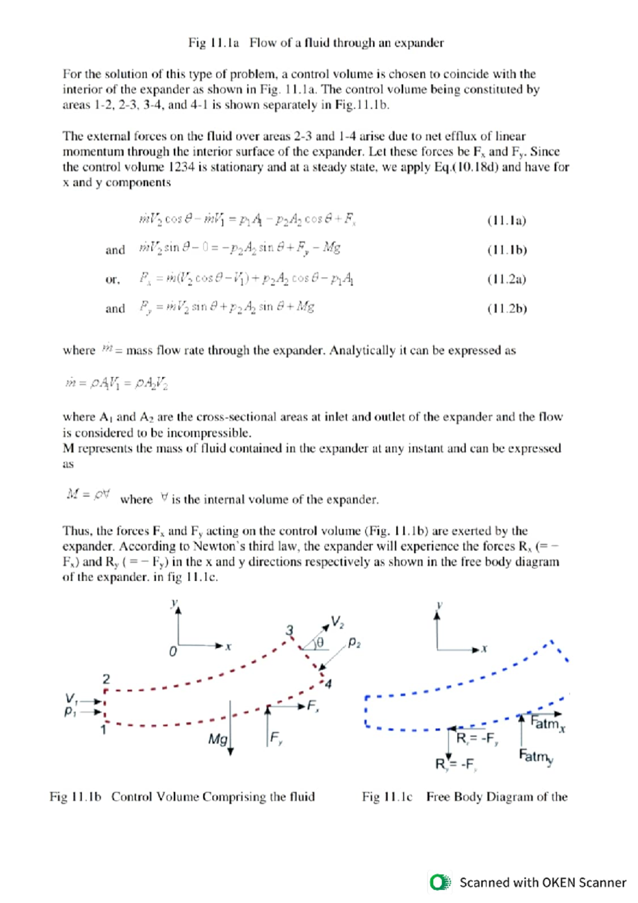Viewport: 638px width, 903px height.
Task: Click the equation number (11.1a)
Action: (x=506, y=221)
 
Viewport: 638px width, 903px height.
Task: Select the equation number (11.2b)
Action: (x=507, y=308)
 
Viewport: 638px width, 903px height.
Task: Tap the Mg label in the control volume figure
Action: (x=217, y=739)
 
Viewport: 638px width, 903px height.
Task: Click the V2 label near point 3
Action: (x=337, y=622)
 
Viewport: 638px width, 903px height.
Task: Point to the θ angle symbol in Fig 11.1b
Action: (x=320, y=643)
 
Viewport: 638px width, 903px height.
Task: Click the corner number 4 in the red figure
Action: (x=328, y=684)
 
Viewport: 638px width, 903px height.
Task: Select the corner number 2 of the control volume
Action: (x=106, y=679)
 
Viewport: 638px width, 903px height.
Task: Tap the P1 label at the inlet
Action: (x=70, y=712)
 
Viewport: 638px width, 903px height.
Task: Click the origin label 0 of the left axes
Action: (x=172, y=651)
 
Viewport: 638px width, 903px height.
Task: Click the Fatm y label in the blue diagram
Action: (x=536, y=756)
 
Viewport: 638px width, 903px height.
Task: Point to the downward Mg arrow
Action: (x=230, y=729)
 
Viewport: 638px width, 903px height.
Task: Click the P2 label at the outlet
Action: (x=354, y=643)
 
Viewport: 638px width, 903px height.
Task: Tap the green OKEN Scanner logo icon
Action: (x=440, y=882)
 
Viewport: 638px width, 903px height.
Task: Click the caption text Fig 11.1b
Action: (x=75, y=797)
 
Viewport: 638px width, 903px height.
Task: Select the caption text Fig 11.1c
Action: (x=387, y=797)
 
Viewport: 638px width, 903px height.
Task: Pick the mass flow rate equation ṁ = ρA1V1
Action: (x=116, y=383)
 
